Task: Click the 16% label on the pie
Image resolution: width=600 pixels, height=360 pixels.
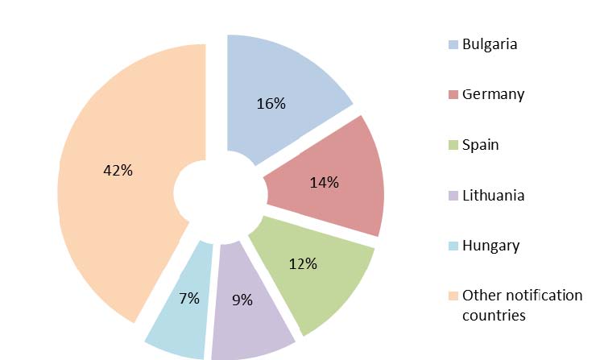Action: click(x=271, y=104)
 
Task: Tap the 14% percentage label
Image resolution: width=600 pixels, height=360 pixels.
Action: click(x=324, y=182)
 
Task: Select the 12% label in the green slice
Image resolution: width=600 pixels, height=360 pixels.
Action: click(x=303, y=263)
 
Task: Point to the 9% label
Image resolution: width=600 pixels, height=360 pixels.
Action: click(x=242, y=300)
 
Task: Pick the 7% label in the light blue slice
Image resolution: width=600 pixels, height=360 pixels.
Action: click(x=189, y=299)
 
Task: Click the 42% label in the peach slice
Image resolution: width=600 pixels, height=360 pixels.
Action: click(x=118, y=171)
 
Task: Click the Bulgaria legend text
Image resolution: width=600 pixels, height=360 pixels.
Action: click(x=490, y=43)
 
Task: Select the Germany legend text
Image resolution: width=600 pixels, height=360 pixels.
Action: click(x=493, y=94)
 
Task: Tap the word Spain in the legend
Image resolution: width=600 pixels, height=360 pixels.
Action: click(x=480, y=145)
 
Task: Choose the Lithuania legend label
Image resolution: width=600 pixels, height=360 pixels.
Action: click(x=493, y=196)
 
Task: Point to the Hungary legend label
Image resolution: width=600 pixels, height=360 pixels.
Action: click(x=490, y=246)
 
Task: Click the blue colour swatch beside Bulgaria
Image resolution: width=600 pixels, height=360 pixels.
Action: click(x=453, y=44)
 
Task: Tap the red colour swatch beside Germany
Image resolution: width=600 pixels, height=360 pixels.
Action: click(x=453, y=95)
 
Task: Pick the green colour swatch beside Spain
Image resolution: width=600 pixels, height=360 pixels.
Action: click(x=453, y=146)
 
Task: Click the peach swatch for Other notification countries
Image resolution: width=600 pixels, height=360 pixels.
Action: click(x=453, y=296)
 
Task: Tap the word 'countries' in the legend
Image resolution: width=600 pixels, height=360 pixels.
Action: click(x=494, y=315)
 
